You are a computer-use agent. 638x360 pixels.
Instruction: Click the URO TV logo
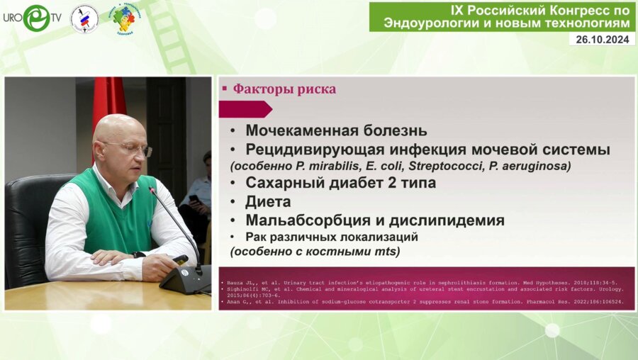32,18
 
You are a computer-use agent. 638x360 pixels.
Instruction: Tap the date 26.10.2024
601,40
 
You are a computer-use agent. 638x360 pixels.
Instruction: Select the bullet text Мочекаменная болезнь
336,130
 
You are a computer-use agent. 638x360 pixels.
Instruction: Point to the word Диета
268,202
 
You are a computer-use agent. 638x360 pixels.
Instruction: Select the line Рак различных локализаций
332,237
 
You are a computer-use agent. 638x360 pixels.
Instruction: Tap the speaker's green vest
114,213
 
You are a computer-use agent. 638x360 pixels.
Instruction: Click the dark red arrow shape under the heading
245,109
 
